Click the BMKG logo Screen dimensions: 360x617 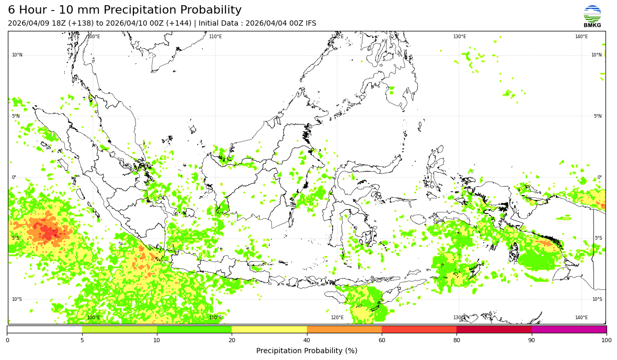592,16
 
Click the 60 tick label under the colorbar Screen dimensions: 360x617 382,341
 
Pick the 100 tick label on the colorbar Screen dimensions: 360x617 606,341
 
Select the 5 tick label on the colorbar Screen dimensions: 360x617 82,341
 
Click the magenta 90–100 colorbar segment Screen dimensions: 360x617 569,330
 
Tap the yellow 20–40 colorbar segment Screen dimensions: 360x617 269,330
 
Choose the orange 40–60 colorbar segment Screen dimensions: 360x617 344,330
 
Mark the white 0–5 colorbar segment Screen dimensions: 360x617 44,330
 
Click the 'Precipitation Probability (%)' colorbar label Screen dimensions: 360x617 306,351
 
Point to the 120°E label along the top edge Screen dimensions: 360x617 337,37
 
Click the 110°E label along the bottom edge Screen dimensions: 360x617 215,318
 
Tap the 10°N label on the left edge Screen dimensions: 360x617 17,55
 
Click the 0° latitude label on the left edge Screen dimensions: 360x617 14,177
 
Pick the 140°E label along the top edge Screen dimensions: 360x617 581,37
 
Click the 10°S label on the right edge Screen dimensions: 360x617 597,299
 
